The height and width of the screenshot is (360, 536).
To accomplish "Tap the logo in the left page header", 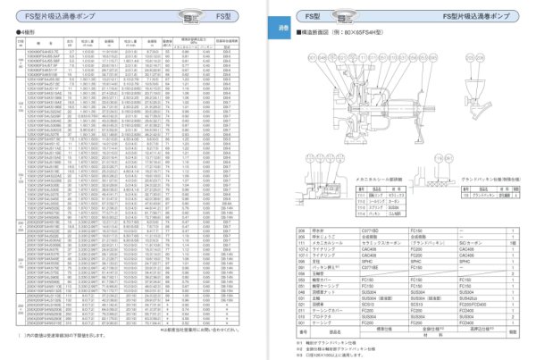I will (x=138, y=14).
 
